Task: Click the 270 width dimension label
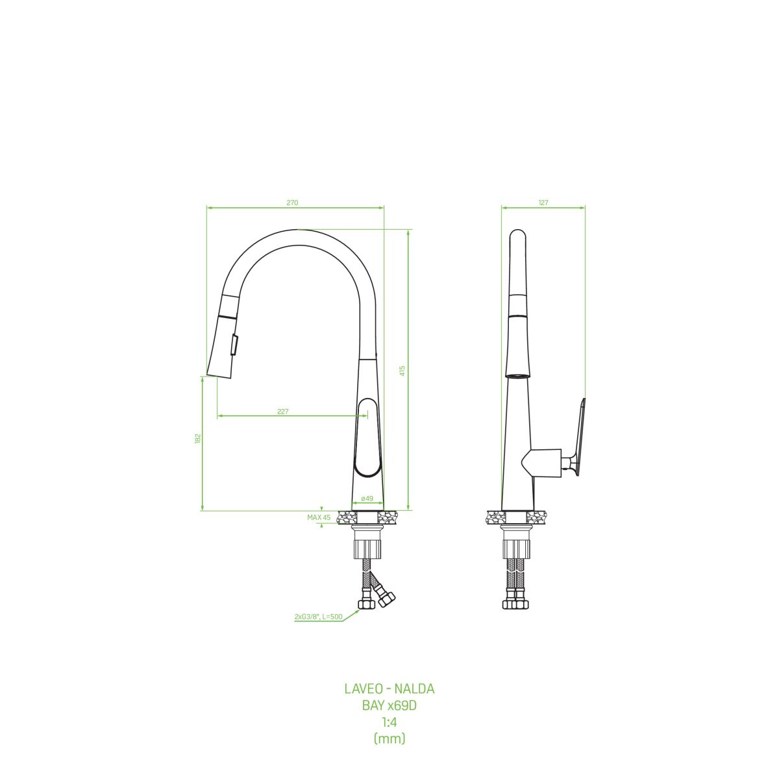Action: (x=292, y=203)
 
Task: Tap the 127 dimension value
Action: (x=543, y=203)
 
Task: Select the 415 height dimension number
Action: (x=402, y=371)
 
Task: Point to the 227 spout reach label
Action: (x=283, y=412)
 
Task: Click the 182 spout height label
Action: (x=198, y=439)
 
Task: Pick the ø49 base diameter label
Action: (x=367, y=499)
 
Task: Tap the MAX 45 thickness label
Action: (x=319, y=517)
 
